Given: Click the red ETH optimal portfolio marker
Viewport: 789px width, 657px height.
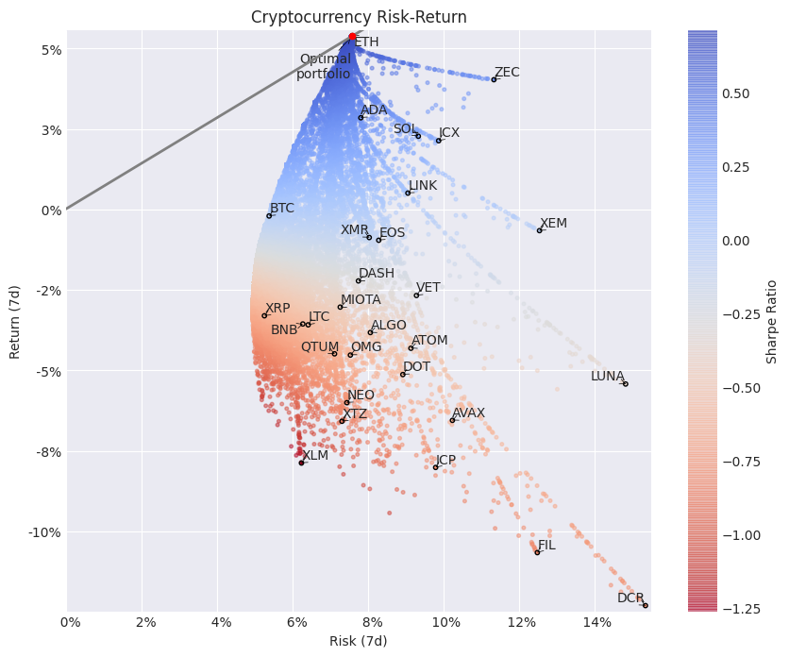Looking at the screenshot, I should point(352,37).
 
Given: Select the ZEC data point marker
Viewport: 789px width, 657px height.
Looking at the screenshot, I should point(494,79).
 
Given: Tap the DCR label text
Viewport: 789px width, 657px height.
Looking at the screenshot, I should point(630,598).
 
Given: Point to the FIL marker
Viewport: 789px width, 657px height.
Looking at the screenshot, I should point(537,552).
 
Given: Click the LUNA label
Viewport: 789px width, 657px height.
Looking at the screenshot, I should point(607,376).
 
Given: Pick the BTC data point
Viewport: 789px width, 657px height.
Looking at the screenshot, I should point(269,215).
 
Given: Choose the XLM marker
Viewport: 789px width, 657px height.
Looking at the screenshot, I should point(301,463).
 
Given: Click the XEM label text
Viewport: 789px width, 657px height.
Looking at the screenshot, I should point(553,224).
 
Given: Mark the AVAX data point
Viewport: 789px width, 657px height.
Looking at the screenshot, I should point(452,420).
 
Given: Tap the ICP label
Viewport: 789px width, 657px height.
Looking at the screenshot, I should point(445,461).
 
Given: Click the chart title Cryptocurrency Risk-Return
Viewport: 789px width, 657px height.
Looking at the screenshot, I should point(359,17).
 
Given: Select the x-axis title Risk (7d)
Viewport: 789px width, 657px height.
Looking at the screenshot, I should point(359,641).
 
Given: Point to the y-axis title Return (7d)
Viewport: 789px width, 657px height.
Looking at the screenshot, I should point(14,322).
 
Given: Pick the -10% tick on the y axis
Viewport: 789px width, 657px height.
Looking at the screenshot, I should point(43,532).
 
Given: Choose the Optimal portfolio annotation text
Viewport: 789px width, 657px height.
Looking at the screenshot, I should point(324,66).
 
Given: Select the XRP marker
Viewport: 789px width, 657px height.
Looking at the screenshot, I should point(264,315).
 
